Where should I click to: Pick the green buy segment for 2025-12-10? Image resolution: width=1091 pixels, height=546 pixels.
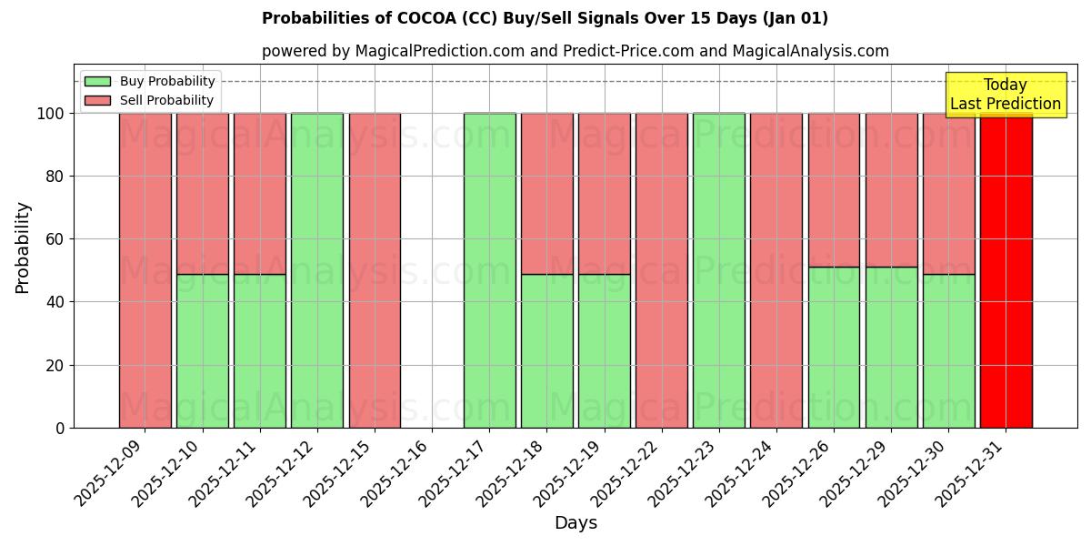(203, 350)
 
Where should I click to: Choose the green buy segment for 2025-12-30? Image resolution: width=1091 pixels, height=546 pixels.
(948, 350)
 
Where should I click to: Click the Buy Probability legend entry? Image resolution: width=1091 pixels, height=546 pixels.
(167, 81)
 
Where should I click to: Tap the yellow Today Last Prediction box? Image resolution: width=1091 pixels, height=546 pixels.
(1006, 95)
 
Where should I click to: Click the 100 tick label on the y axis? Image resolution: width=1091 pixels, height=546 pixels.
(51, 114)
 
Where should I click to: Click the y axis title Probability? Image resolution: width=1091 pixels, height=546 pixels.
(23, 247)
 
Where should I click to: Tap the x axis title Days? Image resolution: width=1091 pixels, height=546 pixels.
(576, 523)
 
